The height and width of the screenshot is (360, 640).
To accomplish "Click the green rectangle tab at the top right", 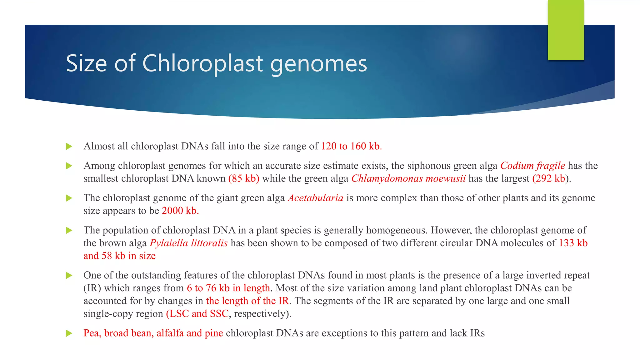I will [566, 30].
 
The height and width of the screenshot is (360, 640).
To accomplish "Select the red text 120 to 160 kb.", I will [351, 146].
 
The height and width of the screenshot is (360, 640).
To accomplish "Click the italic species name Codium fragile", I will [532, 166].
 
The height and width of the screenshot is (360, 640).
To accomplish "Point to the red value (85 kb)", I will [244, 178].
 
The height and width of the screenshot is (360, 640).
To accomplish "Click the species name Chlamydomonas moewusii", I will [408, 178].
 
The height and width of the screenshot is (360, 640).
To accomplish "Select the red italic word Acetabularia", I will [315, 198].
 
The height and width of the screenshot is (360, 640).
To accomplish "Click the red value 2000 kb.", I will [180, 211].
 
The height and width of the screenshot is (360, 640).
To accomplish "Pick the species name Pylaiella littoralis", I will [188, 243].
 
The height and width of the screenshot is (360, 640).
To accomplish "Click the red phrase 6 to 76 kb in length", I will [228, 288].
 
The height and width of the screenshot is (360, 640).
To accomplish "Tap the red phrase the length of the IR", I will [247, 301].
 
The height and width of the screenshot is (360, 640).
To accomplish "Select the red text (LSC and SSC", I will [197, 313].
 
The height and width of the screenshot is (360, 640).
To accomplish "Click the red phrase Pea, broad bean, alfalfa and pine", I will [153, 333].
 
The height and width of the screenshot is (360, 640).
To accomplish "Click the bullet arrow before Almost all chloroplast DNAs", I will [69, 147].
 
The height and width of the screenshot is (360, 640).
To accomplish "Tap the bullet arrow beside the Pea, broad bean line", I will [69, 333].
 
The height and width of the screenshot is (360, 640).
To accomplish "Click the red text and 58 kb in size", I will [119, 256].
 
